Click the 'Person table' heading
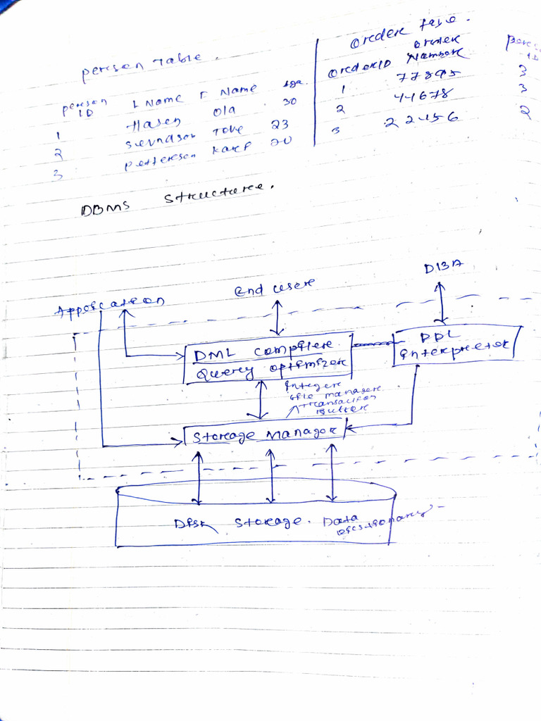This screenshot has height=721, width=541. tap(141, 65)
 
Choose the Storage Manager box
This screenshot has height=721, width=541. tap(263, 435)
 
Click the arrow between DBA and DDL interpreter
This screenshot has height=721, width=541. tap(442, 303)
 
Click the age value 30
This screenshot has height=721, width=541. tap(290, 102)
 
